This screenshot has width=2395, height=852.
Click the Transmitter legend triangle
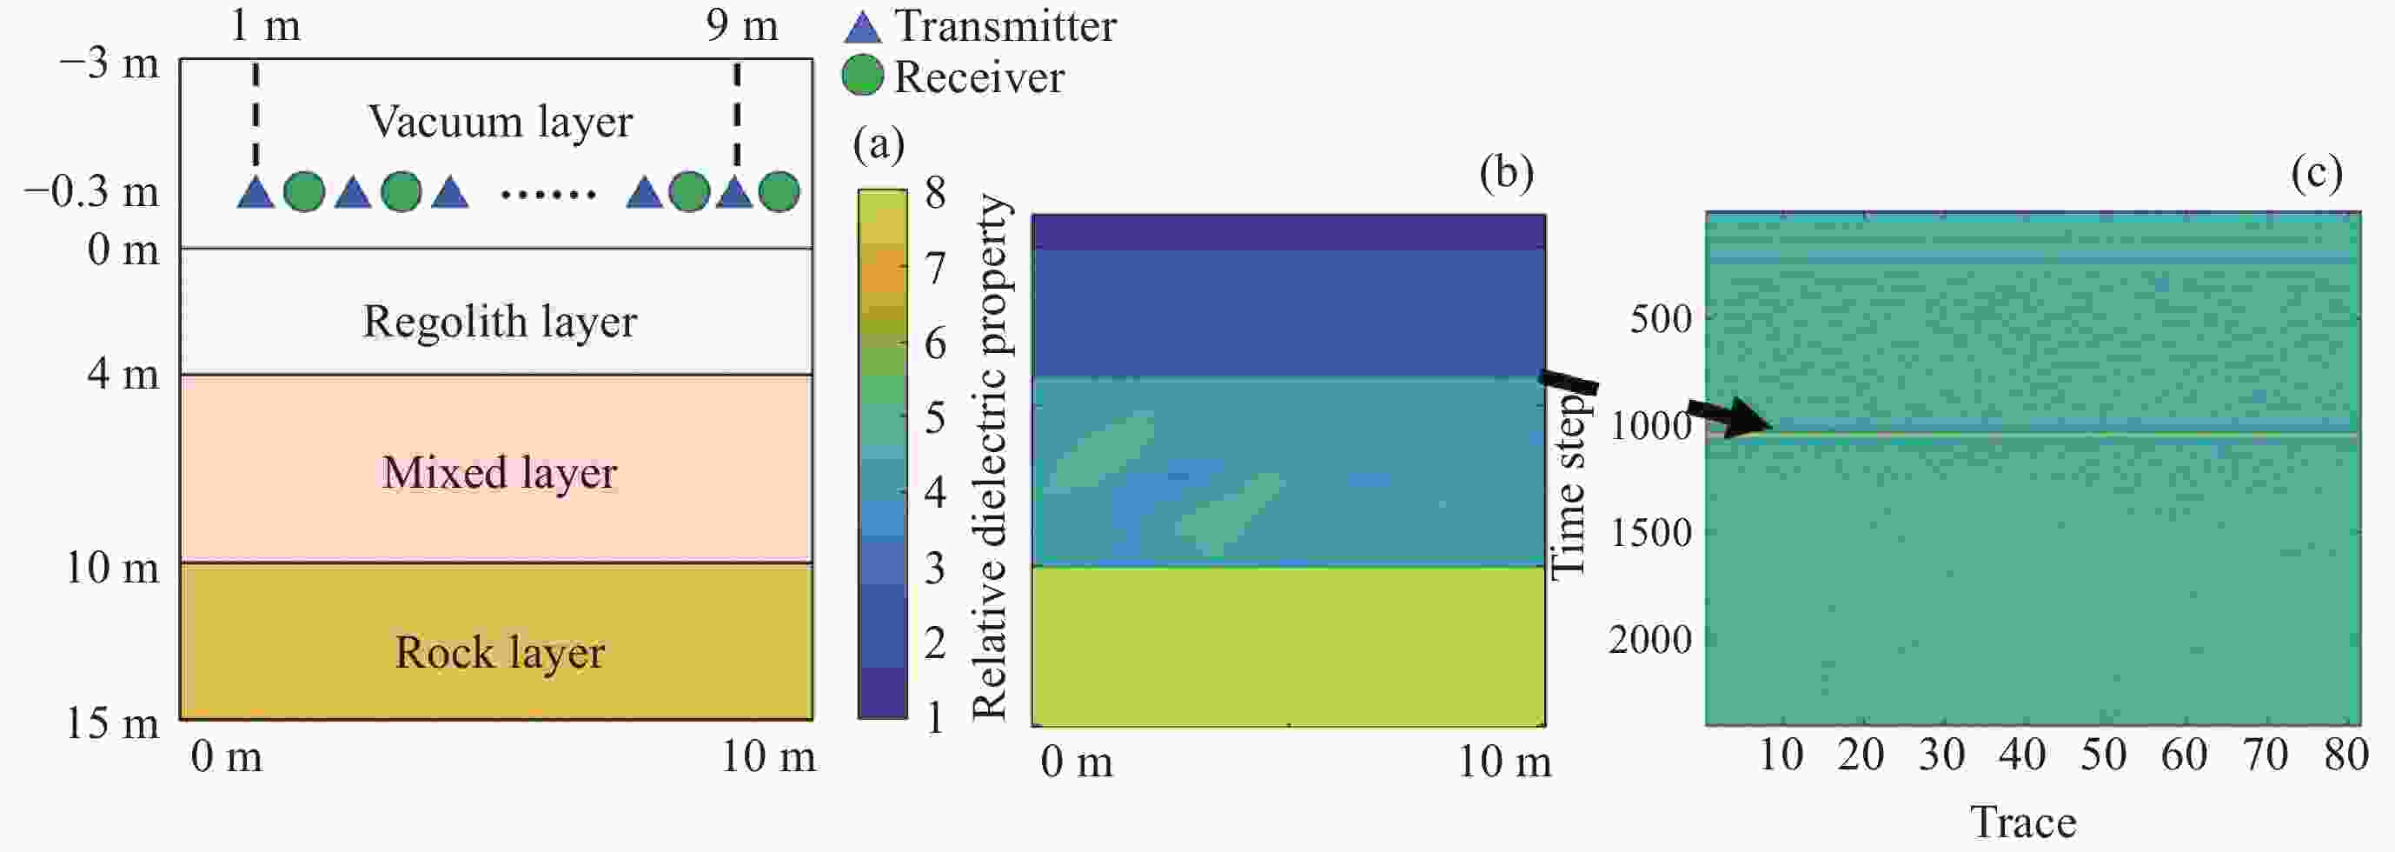click(862, 27)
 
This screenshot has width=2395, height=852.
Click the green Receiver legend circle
click(862, 77)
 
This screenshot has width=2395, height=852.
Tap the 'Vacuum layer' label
click(501, 122)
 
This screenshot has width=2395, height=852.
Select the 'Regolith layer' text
click(500, 322)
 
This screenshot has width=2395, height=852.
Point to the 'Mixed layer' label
click(500, 472)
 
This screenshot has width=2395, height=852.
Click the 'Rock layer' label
click(500, 652)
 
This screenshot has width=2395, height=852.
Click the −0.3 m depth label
click(92, 191)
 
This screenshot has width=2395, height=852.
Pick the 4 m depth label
click(123, 374)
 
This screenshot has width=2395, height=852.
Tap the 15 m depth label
click(111, 722)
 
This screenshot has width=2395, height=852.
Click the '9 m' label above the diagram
click(741, 25)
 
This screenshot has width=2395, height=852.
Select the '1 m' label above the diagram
click(265, 25)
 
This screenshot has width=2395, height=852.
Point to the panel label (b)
click(1506, 172)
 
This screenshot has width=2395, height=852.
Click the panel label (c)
click(2316, 172)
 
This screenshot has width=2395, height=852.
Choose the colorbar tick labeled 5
click(935, 417)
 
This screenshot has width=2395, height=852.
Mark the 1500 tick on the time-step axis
click(1650, 533)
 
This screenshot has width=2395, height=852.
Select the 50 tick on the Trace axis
click(2103, 755)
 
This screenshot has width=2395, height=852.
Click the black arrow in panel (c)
click(1729, 418)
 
